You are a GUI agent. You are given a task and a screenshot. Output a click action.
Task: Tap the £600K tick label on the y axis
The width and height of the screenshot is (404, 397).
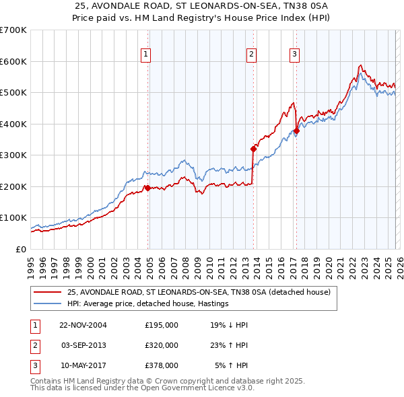(13, 61)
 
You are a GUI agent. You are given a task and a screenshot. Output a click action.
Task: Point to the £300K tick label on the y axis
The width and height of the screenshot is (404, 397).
(13, 155)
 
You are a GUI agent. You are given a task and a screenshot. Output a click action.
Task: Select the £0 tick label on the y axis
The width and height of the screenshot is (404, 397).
(22, 250)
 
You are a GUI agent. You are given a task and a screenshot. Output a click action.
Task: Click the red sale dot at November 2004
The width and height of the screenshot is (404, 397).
(147, 188)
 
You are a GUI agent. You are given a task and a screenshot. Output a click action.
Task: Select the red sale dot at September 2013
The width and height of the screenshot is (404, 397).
(253, 149)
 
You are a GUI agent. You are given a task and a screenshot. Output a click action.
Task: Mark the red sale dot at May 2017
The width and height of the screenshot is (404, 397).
(296, 131)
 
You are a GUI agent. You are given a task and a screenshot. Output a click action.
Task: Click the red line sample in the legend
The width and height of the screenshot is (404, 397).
(47, 293)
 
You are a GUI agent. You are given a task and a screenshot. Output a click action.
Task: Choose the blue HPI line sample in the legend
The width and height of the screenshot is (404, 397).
(47, 304)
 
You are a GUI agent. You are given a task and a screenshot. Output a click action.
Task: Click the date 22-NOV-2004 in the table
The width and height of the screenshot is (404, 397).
(83, 325)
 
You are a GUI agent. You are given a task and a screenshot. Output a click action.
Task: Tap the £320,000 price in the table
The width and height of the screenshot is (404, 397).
(162, 345)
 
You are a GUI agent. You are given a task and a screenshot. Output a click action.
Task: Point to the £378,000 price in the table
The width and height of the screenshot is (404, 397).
(162, 365)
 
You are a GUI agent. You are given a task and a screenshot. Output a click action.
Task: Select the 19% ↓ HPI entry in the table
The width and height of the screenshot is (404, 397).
(229, 325)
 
